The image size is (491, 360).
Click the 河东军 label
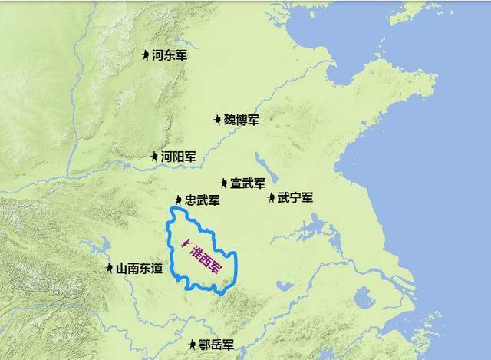pyautogui.click(x=170, y=55)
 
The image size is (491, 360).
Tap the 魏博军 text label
pyautogui.click(x=242, y=120)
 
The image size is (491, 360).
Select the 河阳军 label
pyautogui.click(x=178, y=157)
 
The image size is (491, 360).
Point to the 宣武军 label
pyautogui.click(x=248, y=183)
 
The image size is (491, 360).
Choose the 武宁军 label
pyautogui.click(x=295, y=197)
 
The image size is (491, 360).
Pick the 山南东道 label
pyautogui.click(x=139, y=269)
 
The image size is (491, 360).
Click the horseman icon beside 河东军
pyautogui.click(x=146, y=54)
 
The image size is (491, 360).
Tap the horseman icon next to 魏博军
pyautogui.click(x=218, y=120)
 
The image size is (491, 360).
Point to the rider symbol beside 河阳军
pyautogui.click(x=154, y=157)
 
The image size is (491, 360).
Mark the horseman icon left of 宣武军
pyautogui.click(x=223, y=183)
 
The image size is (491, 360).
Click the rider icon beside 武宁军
pyautogui.click(x=272, y=198)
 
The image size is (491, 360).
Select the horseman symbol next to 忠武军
pyautogui.click(x=178, y=200)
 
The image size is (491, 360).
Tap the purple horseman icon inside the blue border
pyautogui.click(x=184, y=245)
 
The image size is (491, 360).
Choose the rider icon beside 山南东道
pyautogui.click(x=109, y=269)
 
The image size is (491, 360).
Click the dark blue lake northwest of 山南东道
pyautogui.click(x=99, y=248)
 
